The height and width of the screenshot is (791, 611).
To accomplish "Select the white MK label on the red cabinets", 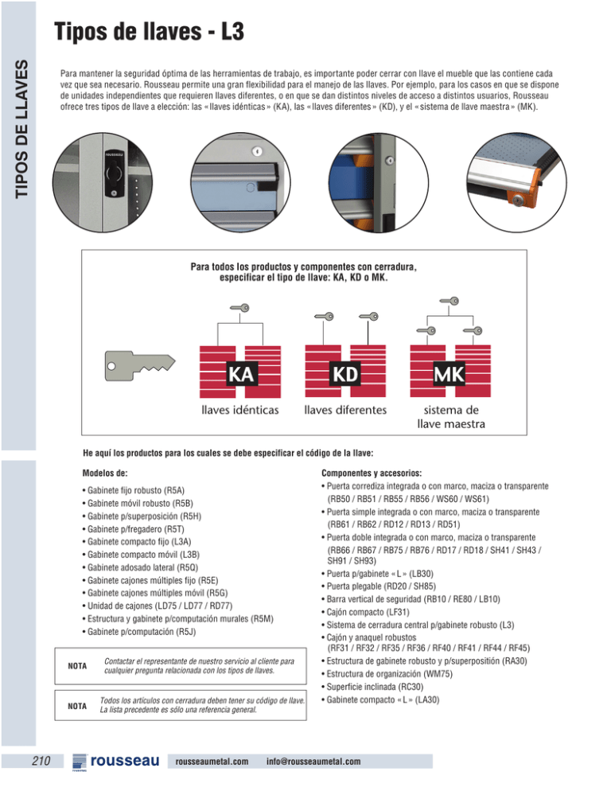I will (x=449, y=373).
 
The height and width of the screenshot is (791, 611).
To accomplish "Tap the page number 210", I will (x=40, y=762).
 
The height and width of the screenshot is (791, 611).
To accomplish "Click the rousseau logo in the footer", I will (x=116, y=762).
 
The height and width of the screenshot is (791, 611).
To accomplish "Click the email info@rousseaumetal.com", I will (x=315, y=762).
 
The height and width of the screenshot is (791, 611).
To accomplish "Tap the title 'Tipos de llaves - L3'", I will (x=148, y=33).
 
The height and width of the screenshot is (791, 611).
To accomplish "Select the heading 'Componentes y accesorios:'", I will (x=370, y=472).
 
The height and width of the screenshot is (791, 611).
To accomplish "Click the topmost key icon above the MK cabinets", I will (x=451, y=300).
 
